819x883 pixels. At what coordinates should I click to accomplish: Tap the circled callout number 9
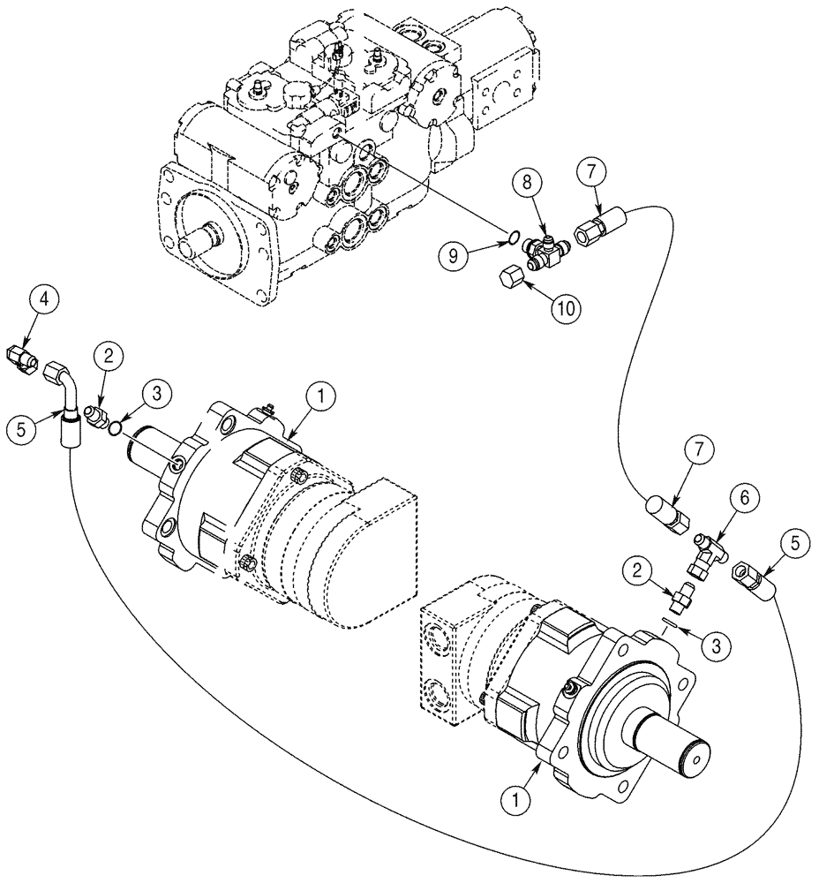[x=454, y=256]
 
